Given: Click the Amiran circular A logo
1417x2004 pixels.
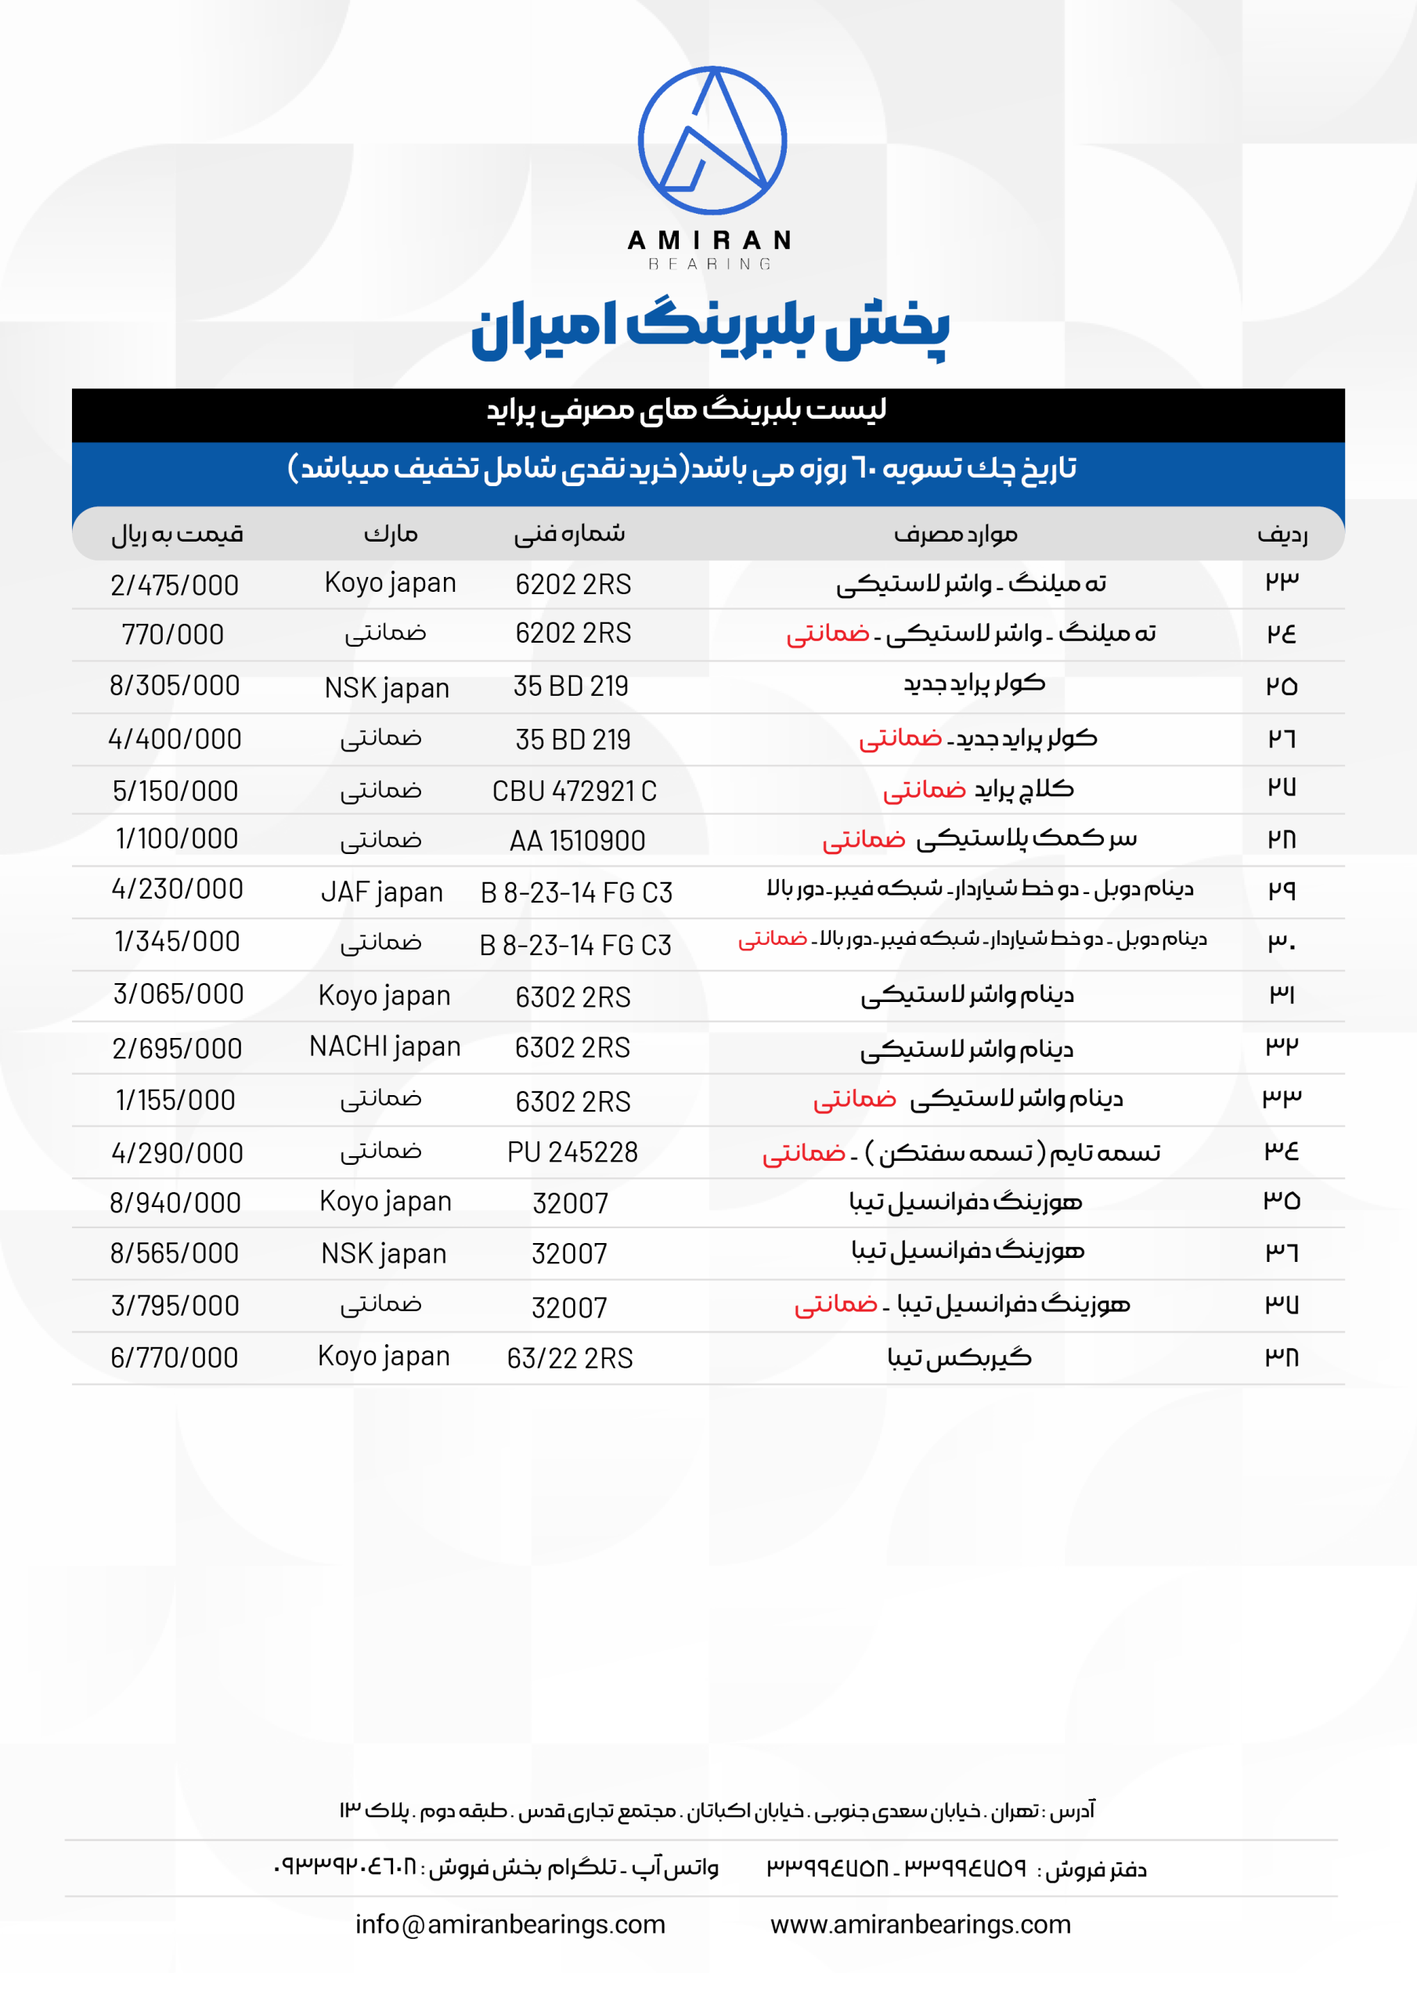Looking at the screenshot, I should click(x=712, y=139).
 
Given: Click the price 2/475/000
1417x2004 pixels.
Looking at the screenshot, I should click(x=175, y=585).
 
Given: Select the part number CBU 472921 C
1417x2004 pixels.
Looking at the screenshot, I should click(x=574, y=791).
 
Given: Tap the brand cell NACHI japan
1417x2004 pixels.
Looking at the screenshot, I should click(x=384, y=1047).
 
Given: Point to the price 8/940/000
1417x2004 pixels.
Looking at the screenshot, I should click(x=175, y=1202).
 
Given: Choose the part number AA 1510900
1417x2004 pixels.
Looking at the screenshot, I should click(x=577, y=841).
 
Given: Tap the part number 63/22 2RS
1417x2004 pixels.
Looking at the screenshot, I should click(x=569, y=1358).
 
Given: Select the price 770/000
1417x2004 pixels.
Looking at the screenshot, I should click(x=173, y=635).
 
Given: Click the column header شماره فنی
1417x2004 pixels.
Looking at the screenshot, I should click(x=569, y=533).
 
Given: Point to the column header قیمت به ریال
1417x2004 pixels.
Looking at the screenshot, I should click(x=177, y=533).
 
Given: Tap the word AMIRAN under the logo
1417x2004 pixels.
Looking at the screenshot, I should click(x=709, y=240).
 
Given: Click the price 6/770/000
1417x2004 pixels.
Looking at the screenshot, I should click(x=174, y=1357).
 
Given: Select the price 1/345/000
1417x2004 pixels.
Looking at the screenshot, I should click(x=176, y=941).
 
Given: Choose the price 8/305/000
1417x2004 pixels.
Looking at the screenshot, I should click(x=175, y=685).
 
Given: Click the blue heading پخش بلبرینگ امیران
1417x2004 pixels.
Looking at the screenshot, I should click(x=709, y=328).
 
